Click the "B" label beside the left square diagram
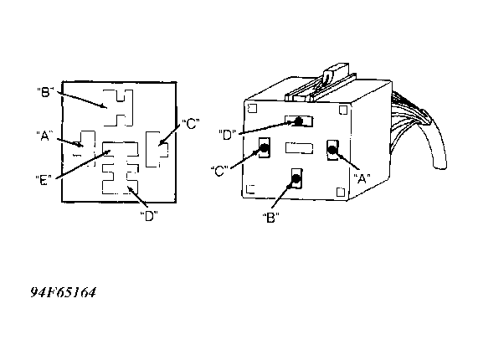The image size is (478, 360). (x=45, y=92)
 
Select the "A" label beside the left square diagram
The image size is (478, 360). (x=44, y=136)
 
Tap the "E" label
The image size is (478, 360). (x=44, y=180)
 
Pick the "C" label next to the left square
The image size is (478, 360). (x=191, y=124)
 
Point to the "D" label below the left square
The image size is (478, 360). (x=149, y=216)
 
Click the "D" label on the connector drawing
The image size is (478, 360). (x=228, y=135)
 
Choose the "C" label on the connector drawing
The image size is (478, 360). (x=219, y=171)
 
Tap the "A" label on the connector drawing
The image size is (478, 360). (x=362, y=178)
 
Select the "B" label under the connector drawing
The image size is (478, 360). (x=270, y=218)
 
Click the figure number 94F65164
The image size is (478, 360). (x=64, y=292)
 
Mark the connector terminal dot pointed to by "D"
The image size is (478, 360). (x=299, y=121)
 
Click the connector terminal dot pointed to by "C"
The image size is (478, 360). (x=264, y=148)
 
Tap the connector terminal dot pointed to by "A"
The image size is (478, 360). (x=332, y=150)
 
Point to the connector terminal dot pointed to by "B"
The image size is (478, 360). (x=296, y=178)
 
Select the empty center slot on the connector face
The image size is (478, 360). (x=299, y=148)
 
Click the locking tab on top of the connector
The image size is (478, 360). (x=335, y=72)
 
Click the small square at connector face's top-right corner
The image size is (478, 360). (x=343, y=110)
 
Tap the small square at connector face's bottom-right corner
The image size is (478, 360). (x=341, y=192)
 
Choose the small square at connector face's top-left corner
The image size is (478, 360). (x=253, y=108)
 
